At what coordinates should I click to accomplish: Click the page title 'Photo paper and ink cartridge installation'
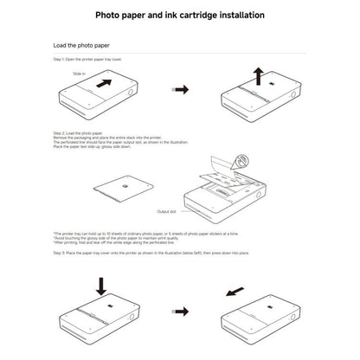(x=179, y=16)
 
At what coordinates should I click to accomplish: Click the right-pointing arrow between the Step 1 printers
(x=180, y=89)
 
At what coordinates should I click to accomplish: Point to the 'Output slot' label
(x=167, y=211)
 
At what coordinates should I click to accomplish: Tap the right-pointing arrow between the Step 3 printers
(x=180, y=310)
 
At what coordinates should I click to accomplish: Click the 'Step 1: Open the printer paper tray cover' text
(x=87, y=60)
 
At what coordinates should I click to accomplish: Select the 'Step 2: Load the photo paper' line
(x=77, y=132)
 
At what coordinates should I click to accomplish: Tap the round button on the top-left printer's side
(x=132, y=93)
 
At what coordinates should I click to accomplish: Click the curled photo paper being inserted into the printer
(x=225, y=173)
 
